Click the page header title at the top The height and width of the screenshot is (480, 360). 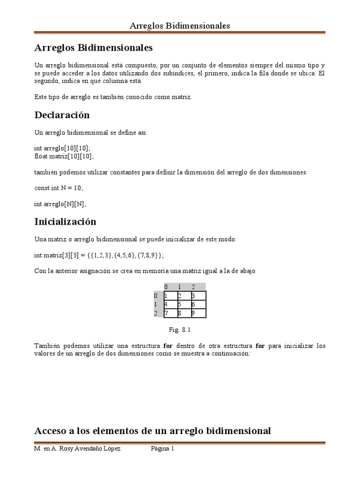pyautogui.click(x=180, y=26)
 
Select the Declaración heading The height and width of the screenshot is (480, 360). pyautogui.click(x=62, y=115)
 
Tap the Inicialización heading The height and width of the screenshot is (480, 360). pyautogui.click(x=65, y=221)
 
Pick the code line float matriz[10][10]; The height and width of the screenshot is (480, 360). pyautogui.click(x=64, y=156)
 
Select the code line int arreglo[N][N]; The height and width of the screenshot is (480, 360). pyautogui.click(x=60, y=204)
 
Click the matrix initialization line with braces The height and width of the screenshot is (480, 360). pyautogui.click(x=99, y=255)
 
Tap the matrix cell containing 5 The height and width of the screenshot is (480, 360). pyautogui.click(x=184, y=304)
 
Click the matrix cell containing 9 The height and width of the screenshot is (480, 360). pyautogui.click(x=198, y=313)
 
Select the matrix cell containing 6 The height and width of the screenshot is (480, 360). pyautogui.click(x=198, y=304)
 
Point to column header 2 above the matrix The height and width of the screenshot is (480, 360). pyautogui.click(x=193, y=287)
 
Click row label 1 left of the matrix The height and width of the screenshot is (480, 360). pyautogui.click(x=156, y=304)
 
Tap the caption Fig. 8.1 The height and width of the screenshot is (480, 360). pyautogui.click(x=180, y=330)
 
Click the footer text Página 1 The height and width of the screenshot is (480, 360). pyautogui.click(x=162, y=449)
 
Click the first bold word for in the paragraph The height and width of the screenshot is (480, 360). pyautogui.click(x=168, y=346)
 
